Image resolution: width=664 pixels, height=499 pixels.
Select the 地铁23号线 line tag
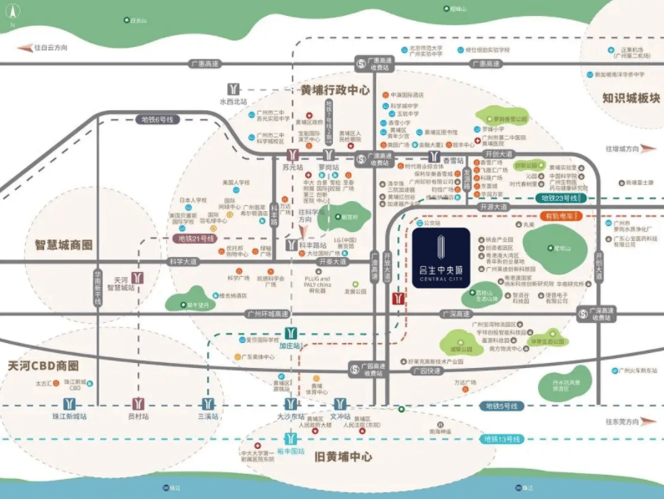(x=561, y=198)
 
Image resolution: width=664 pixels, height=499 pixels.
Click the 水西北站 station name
(x=234, y=102)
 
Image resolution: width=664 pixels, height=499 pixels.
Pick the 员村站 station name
(x=138, y=416)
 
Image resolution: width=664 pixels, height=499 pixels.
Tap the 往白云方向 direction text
(x=50, y=48)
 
